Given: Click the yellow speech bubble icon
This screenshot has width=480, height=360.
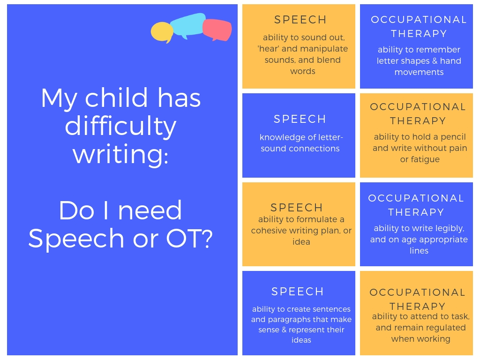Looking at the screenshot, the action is pyautogui.click(x=162, y=32).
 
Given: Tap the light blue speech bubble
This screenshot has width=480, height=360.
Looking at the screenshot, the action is pyautogui.click(x=187, y=25).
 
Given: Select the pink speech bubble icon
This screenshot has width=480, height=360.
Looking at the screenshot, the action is pyautogui.click(x=217, y=30).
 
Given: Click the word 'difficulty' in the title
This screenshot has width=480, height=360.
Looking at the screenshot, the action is pyautogui.click(x=120, y=126).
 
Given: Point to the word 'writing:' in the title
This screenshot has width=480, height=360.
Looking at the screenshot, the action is pyautogui.click(x=120, y=155).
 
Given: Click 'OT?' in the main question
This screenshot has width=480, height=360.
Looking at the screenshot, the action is pyautogui.click(x=189, y=239).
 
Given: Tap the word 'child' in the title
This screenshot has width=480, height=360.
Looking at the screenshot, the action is pyautogui.click(x=116, y=97).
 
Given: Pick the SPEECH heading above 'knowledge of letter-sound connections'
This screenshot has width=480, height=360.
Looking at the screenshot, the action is pyautogui.click(x=300, y=119).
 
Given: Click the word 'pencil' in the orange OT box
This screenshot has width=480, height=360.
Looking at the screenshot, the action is pyautogui.click(x=453, y=137).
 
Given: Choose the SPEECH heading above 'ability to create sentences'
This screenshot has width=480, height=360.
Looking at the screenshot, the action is pyautogui.click(x=298, y=292).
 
